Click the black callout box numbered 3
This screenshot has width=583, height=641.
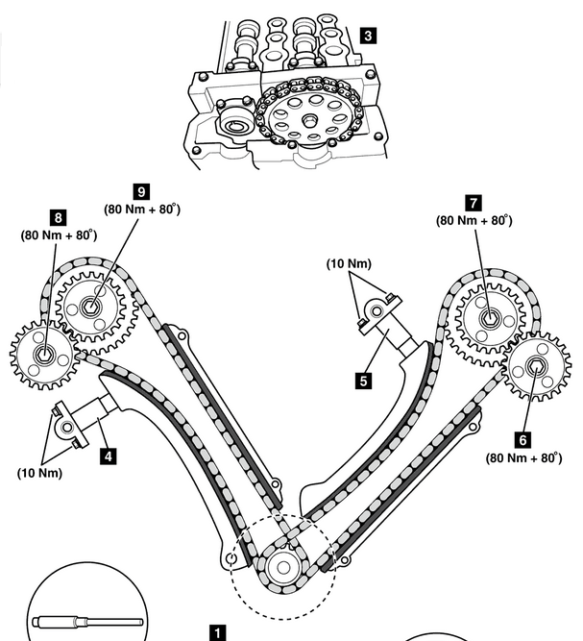pyautogui.click(x=368, y=36)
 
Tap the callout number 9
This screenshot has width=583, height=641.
pyautogui.click(x=142, y=191)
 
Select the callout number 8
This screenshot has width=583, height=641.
pyautogui.click(x=58, y=217)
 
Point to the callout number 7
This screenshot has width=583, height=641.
pyautogui.click(x=474, y=203)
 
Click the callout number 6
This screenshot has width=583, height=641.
pyautogui.click(x=522, y=440)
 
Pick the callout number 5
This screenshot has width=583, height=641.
pyautogui.click(x=364, y=381)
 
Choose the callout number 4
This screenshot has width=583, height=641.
pyautogui.click(x=108, y=456)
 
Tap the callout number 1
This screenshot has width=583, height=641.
pyautogui.click(x=217, y=632)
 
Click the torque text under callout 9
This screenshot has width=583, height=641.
pyautogui.click(x=142, y=209)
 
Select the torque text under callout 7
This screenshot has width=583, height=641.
pyautogui.click(x=474, y=220)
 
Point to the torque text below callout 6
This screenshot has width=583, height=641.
pyautogui.click(x=523, y=457)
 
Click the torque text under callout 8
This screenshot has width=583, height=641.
pyautogui.click(x=59, y=235)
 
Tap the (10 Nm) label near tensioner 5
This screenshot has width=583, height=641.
pyautogui.click(x=349, y=263)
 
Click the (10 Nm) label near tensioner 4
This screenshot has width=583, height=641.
pyautogui.click(x=39, y=473)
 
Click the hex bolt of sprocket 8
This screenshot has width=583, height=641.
pyautogui.click(x=43, y=355)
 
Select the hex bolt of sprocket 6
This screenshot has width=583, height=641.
pyautogui.click(x=535, y=366)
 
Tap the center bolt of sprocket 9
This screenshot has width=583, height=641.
pyautogui.click(x=90, y=307)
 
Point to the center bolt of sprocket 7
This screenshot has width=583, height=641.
pyautogui.click(x=489, y=318)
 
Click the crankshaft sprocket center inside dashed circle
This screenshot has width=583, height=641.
pyautogui.click(x=283, y=567)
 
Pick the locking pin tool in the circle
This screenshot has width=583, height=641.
pyautogui.click(x=87, y=623)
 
